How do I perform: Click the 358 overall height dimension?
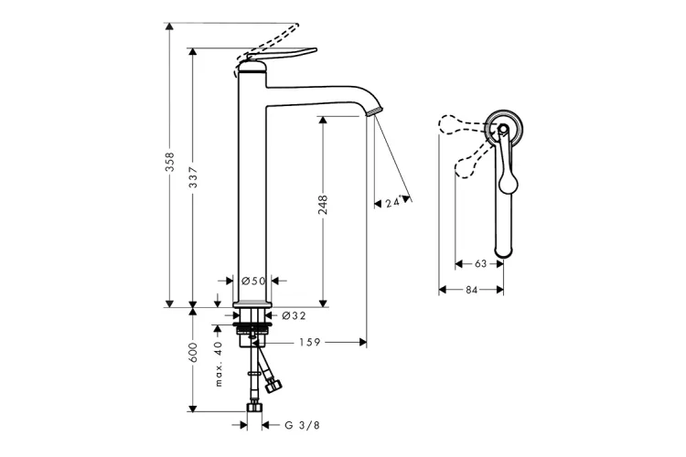click(x=170, y=162)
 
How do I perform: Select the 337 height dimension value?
click(x=193, y=177)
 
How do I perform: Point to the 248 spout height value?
click(x=323, y=205)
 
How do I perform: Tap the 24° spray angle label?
click(x=393, y=203)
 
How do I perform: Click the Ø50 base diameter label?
click(x=253, y=281)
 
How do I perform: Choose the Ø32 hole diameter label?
click(x=294, y=314)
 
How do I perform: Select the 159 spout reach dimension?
click(x=310, y=342)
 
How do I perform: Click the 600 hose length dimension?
click(x=193, y=353)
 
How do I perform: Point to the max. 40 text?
click(x=219, y=364)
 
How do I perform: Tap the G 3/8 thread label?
click(x=303, y=425)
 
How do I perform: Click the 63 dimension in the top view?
click(x=480, y=264)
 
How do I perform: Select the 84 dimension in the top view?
click(x=471, y=290)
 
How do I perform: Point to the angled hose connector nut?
click(x=274, y=387)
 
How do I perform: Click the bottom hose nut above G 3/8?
click(x=254, y=407)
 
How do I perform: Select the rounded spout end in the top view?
click(x=503, y=251)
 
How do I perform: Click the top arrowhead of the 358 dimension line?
click(x=170, y=27)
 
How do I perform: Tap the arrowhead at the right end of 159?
click(x=363, y=342)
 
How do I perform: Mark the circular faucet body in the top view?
click(x=504, y=128)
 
